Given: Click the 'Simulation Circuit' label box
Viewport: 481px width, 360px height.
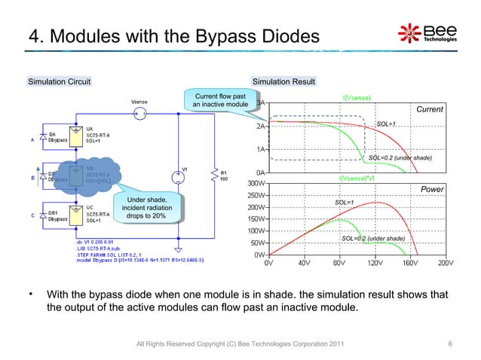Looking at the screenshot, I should pos(60,81).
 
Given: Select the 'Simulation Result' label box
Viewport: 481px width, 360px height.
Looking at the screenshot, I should pos(283,81).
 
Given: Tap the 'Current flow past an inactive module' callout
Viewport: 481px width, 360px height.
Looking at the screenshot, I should pos(220,100).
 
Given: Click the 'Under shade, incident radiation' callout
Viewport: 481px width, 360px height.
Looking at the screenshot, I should pos(146,207).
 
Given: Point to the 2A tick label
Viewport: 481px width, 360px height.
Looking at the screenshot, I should pos(261,127).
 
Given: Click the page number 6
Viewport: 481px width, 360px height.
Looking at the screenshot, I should pos(449,345).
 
